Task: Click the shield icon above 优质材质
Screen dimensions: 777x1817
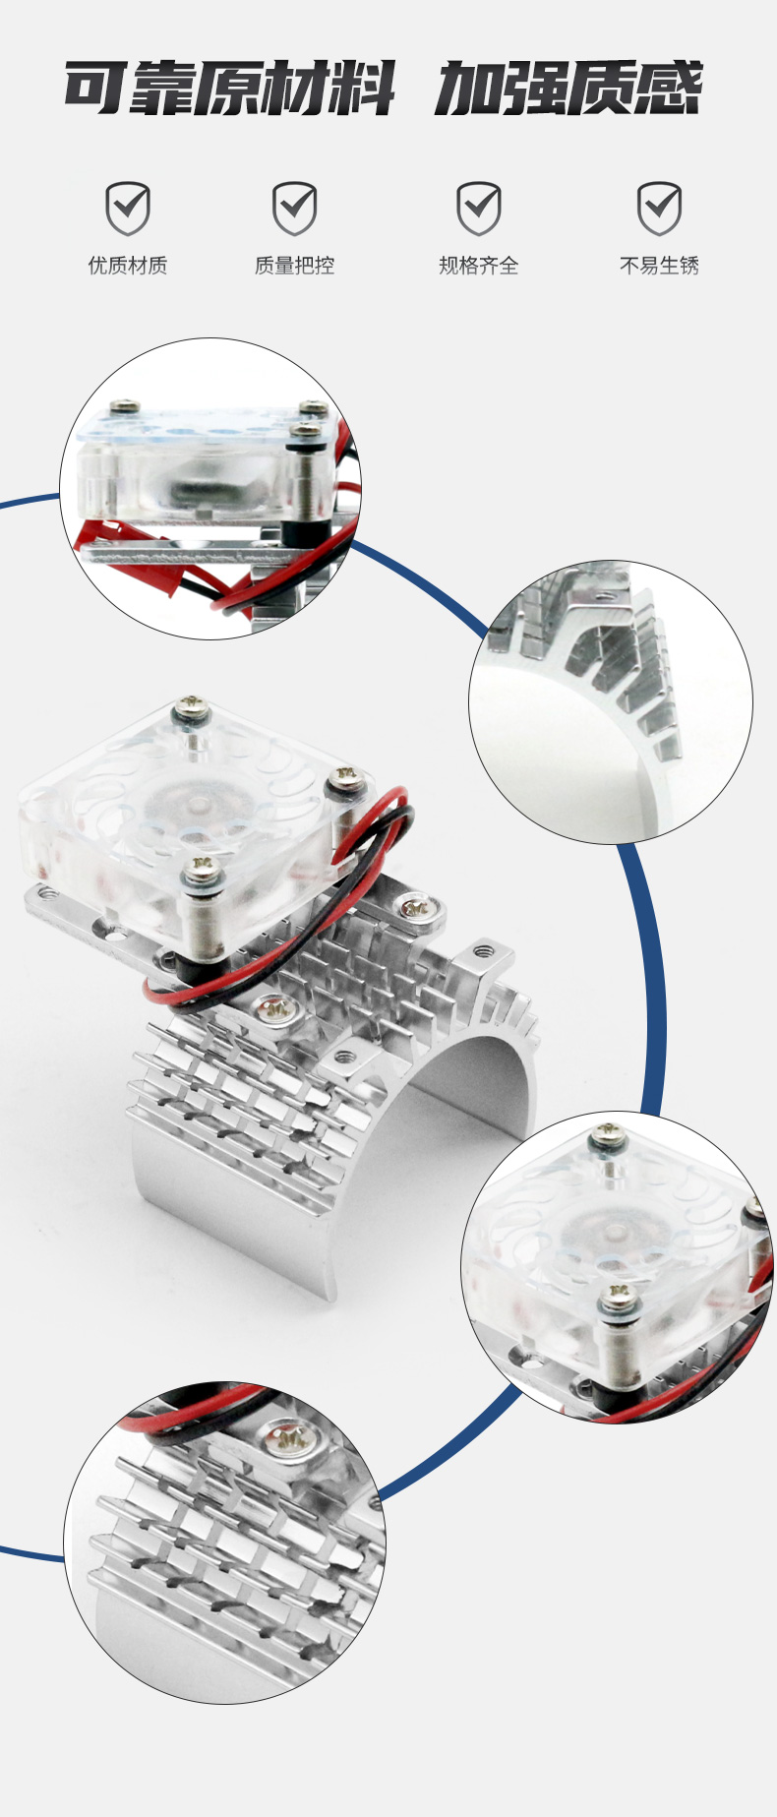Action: click(x=128, y=208)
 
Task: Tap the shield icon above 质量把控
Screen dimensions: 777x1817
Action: click(x=294, y=208)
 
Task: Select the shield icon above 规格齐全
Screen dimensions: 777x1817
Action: click(x=479, y=208)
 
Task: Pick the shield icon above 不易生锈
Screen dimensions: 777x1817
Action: click(x=659, y=208)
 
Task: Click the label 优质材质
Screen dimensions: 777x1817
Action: click(x=128, y=266)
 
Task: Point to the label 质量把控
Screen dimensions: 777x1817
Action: click(x=294, y=266)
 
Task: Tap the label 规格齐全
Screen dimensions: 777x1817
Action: click(x=479, y=266)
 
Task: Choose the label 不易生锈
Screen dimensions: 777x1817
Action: click(x=659, y=266)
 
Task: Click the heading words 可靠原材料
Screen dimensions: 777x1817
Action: click(x=229, y=89)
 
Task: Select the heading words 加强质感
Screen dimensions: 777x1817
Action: click(x=568, y=89)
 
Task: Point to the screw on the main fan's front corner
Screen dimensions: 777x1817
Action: click(x=203, y=868)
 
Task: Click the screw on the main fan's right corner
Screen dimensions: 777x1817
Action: click(x=345, y=776)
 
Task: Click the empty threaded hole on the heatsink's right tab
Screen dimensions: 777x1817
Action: click(x=483, y=950)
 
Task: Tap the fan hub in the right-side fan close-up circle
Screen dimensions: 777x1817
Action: click(x=615, y=1232)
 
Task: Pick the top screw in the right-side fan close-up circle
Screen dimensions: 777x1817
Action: click(x=608, y=1140)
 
